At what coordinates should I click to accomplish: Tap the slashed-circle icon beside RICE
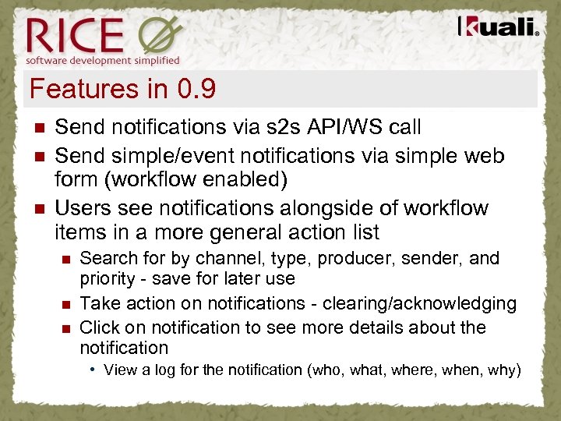click(161, 35)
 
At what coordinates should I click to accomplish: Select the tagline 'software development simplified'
click(103, 60)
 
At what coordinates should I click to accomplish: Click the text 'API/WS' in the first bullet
click(348, 126)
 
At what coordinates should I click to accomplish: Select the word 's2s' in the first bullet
click(277, 126)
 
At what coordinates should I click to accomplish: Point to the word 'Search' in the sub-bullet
click(105, 258)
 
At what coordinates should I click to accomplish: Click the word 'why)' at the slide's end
click(503, 370)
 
